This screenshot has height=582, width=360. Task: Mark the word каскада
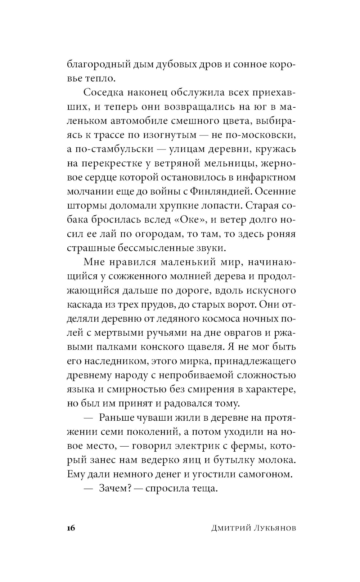click(84, 304)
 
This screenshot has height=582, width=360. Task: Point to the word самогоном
click(265, 474)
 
